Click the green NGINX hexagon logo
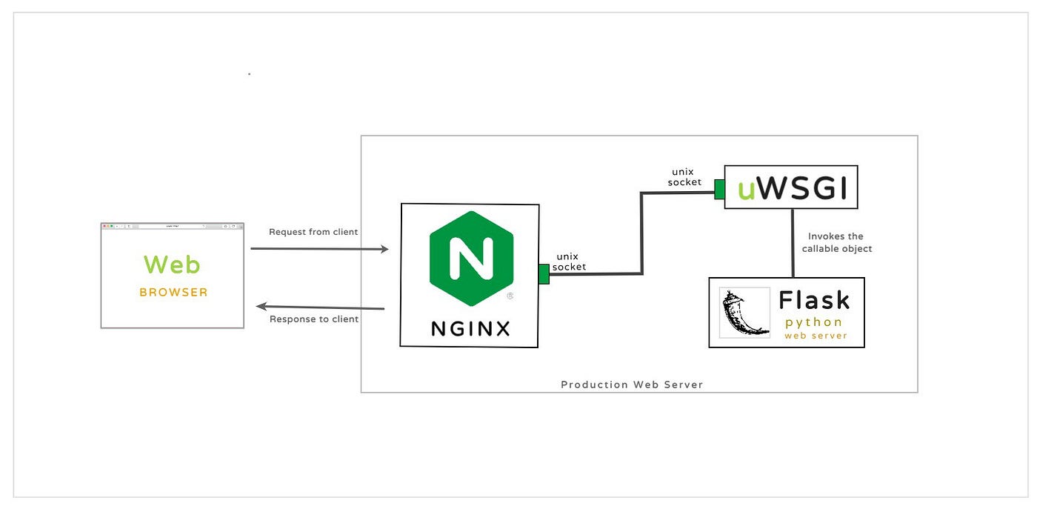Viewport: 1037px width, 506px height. click(471, 259)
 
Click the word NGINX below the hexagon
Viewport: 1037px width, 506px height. click(470, 328)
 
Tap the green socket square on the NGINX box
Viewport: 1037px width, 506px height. click(544, 275)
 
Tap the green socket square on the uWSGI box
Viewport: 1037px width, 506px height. click(719, 189)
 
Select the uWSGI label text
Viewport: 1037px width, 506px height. click(792, 190)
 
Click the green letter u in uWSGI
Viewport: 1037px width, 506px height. click(747, 191)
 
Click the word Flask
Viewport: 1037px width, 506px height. click(814, 300)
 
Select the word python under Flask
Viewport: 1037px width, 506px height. click(814, 322)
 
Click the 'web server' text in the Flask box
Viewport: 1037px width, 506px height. click(816, 336)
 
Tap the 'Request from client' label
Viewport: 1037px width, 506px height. click(313, 232)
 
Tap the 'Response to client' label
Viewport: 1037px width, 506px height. click(314, 319)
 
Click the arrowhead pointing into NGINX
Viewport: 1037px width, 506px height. click(384, 250)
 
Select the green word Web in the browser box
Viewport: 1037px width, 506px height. click(172, 264)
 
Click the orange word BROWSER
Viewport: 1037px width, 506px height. click(173, 292)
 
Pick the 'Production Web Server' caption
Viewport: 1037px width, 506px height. click(632, 385)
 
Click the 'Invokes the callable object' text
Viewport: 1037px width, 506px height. click(836, 242)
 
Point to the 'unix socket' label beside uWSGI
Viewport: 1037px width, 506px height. click(684, 176)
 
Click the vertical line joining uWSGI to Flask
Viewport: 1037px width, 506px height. click(793, 243)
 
